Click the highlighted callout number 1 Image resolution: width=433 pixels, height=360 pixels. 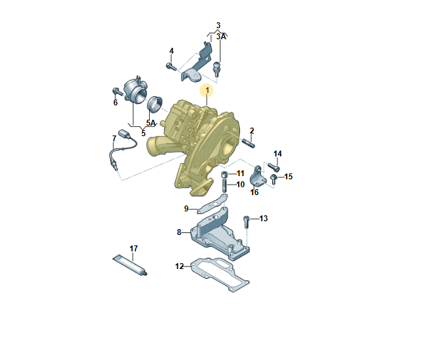(207, 90)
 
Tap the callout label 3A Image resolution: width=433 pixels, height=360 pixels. (221, 37)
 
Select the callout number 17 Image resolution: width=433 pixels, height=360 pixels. (133, 249)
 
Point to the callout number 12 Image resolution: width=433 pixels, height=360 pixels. (179, 266)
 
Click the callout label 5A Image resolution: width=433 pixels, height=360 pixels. (151, 123)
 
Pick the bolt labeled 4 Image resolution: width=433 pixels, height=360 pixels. (171, 67)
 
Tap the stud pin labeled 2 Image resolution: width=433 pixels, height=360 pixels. (249, 143)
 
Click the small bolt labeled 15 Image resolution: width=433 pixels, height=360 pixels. (273, 179)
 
